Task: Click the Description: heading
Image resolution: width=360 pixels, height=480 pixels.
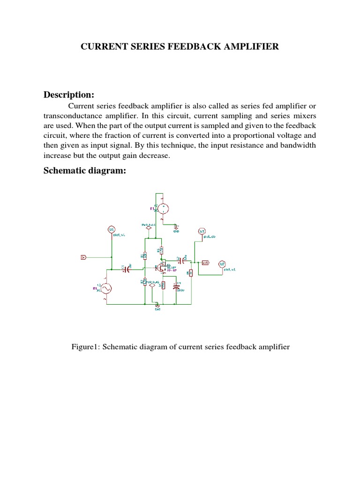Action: pos(69,95)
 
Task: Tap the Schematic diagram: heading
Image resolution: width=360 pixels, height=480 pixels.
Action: pos(85,171)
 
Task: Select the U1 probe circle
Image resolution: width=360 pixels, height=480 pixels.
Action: pos(112,230)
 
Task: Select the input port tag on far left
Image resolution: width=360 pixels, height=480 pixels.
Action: pos(83,257)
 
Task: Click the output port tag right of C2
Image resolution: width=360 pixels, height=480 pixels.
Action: pos(205,263)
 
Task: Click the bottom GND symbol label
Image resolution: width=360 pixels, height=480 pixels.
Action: pos(157,309)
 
